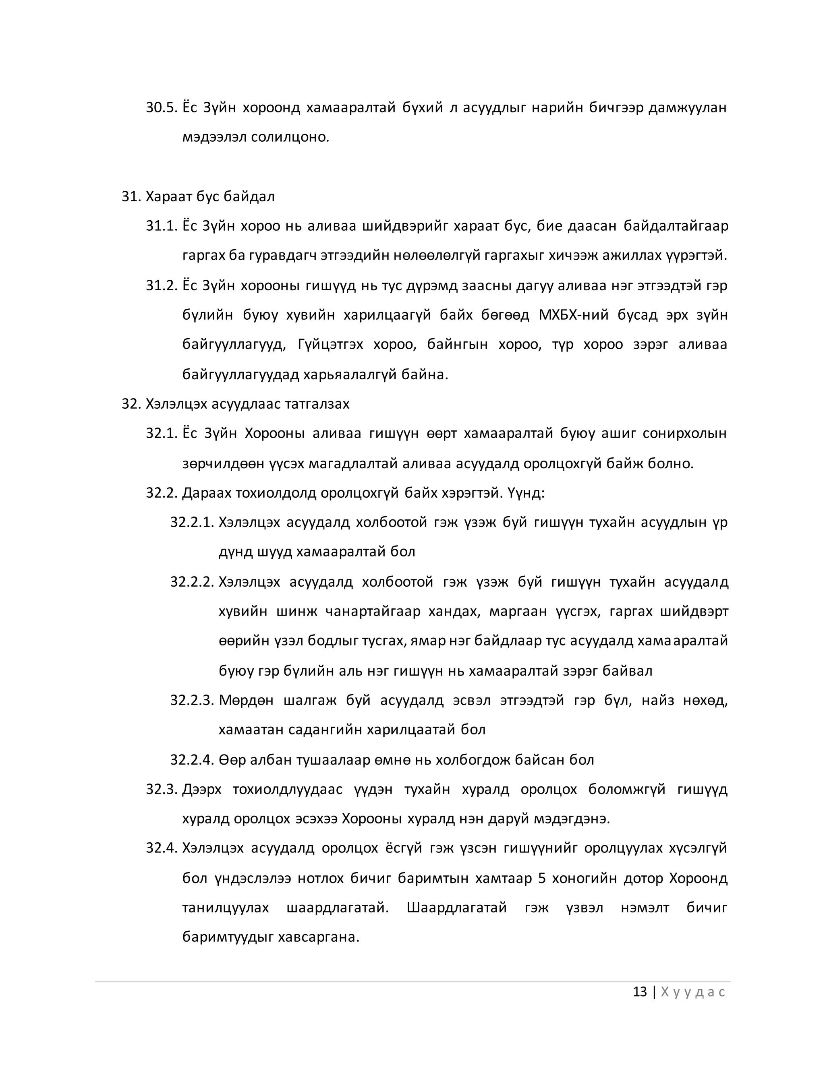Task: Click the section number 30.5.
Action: pyautogui.click(x=161, y=108)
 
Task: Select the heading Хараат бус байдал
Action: pyautogui.click(x=210, y=196)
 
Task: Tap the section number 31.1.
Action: pyautogui.click(x=161, y=226)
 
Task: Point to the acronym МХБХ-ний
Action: pyautogui.click(x=572, y=314)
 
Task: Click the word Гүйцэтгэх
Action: pyautogui.click(x=330, y=344)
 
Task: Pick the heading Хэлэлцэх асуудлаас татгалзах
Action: pyautogui.click(x=247, y=404)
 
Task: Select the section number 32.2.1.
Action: pyautogui.click(x=192, y=522)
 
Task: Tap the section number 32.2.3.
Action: pyautogui.click(x=192, y=701)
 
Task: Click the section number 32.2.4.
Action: pyautogui.click(x=192, y=760)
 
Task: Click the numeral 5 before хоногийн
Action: pyautogui.click(x=541, y=879)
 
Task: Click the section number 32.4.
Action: pyautogui.click(x=161, y=849)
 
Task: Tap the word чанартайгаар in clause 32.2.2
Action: pyautogui.click(x=373, y=611)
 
